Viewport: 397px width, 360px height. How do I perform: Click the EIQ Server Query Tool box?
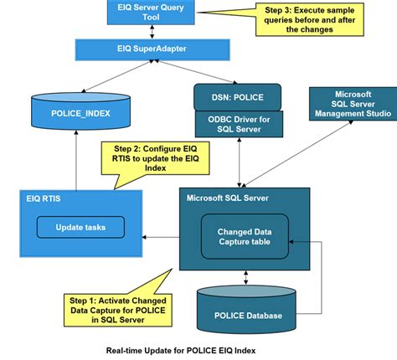pyautogui.click(x=151, y=13)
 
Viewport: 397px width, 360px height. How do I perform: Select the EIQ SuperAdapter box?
pyautogui.click(x=152, y=49)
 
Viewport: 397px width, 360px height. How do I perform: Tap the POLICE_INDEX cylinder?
pyautogui.click(x=80, y=111)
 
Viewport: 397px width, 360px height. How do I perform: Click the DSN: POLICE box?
pyautogui.click(x=238, y=97)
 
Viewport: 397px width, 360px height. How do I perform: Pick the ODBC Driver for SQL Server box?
pyautogui.click(x=239, y=124)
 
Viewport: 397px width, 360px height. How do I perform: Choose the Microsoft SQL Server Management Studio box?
pyautogui.click(x=353, y=104)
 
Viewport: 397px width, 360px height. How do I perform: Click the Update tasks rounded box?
pyautogui.click(x=80, y=227)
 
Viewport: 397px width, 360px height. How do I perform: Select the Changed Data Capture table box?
pyautogui.click(x=245, y=237)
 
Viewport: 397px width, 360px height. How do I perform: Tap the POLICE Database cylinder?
pyautogui.click(x=246, y=310)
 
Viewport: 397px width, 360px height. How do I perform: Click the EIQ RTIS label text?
pyautogui.click(x=44, y=198)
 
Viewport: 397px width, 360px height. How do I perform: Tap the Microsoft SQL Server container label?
pyautogui.click(x=228, y=198)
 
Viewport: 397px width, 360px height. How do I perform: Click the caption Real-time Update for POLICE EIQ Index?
pyautogui.click(x=181, y=351)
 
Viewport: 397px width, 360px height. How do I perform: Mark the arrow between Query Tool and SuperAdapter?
pyautogui.click(x=152, y=32)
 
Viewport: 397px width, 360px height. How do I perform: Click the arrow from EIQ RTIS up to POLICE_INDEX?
pyautogui.click(x=76, y=160)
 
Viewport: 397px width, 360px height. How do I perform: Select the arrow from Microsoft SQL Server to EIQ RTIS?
pyautogui.click(x=161, y=237)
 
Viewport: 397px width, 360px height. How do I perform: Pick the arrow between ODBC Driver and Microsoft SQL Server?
pyautogui.click(x=240, y=162)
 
